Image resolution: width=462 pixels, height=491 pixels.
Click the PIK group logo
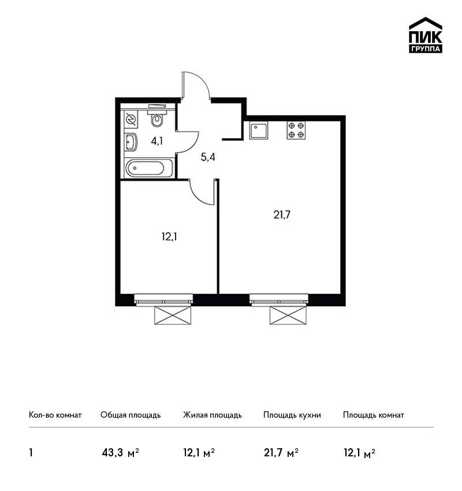point(426,35)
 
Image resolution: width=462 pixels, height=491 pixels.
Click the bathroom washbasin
point(131,142)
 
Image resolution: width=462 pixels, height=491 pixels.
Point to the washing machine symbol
point(131,120)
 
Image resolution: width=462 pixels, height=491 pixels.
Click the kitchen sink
point(259,131)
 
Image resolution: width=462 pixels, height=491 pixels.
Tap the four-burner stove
point(296,131)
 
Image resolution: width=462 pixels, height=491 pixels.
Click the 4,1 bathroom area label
point(157,141)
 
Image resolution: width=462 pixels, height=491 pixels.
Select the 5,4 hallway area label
point(208,157)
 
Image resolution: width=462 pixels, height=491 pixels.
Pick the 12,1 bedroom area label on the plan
point(169,237)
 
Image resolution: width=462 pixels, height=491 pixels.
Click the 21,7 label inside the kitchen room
point(282,215)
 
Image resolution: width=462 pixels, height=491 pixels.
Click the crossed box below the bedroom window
point(173,315)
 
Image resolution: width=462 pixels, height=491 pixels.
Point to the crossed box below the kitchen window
point(288,315)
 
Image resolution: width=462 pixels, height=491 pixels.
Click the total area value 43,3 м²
point(121,453)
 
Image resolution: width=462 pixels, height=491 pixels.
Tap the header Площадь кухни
point(292,415)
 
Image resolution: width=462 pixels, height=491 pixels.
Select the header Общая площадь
point(131,415)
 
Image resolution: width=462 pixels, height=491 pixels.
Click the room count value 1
point(31,453)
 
